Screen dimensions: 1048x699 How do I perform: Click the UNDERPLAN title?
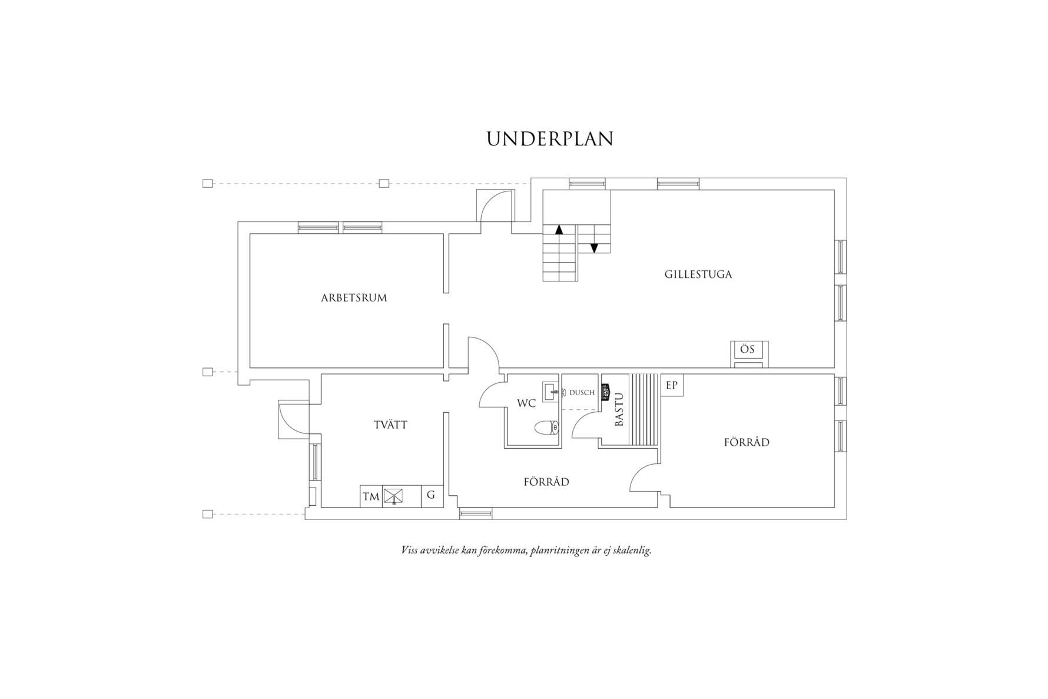click(x=550, y=138)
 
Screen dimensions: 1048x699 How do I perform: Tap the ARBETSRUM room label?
click(x=354, y=298)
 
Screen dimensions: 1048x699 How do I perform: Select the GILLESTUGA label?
click(x=698, y=274)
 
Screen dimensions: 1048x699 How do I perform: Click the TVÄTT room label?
click(x=390, y=425)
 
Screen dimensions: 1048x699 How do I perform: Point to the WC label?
click(x=526, y=403)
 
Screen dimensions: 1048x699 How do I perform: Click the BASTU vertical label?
click(x=619, y=410)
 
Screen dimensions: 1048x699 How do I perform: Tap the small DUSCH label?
click(x=582, y=393)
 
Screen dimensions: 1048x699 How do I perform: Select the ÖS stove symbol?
click(x=749, y=354)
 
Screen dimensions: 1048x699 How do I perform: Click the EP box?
click(x=672, y=386)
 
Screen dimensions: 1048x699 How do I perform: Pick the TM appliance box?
click(x=371, y=496)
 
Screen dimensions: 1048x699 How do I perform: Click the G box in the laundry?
click(x=431, y=496)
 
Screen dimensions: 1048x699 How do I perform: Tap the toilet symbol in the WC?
click(x=546, y=428)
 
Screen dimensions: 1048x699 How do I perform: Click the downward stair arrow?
click(x=594, y=247)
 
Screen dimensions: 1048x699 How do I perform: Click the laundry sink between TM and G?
click(x=393, y=496)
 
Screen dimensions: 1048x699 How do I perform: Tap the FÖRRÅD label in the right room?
click(x=747, y=442)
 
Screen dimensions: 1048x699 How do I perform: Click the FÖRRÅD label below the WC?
click(x=546, y=482)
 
